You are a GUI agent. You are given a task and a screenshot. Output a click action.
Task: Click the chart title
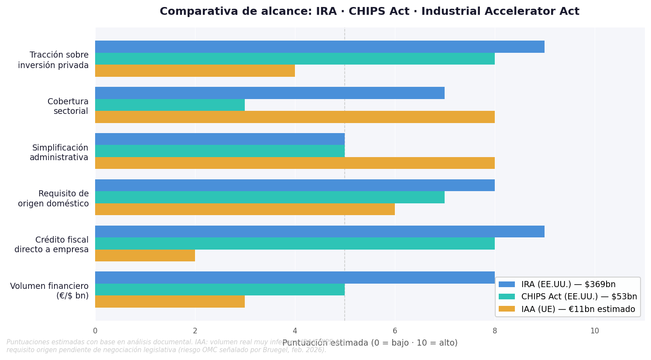[x=369, y=12]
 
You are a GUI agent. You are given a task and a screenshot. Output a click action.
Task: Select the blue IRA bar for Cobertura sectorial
[x=270, y=93]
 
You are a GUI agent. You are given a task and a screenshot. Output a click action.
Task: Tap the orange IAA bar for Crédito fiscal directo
[x=145, y=255]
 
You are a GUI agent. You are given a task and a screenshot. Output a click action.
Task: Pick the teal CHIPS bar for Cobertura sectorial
[x=170, y=105]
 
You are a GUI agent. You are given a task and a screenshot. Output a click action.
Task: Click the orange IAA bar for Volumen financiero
[x=170, y=302]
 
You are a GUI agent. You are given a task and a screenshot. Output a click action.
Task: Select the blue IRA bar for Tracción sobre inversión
[x=319, y=47]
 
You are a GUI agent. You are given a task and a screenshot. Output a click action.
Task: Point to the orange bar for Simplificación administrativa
[x=295, y=163]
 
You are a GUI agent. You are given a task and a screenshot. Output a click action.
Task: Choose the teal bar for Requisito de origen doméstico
[x=270, y=197]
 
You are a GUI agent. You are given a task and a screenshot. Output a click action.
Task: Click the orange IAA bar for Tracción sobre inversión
[x=195, y=71]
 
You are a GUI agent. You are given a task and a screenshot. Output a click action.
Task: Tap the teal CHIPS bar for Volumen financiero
[x=219, y=289]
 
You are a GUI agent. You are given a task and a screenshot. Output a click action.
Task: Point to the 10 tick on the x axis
[x=595, y=331]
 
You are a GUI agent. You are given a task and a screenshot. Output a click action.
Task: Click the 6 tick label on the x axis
[x=395, y=331]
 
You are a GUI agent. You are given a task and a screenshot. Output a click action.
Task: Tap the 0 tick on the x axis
[x=95, y=331]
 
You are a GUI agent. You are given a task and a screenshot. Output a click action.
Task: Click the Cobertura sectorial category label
[x=68, y=106]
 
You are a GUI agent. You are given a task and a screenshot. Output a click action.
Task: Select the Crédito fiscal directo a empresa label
[x=51, y=245]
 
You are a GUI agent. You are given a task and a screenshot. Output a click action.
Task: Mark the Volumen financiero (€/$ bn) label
[x=49, y=291]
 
